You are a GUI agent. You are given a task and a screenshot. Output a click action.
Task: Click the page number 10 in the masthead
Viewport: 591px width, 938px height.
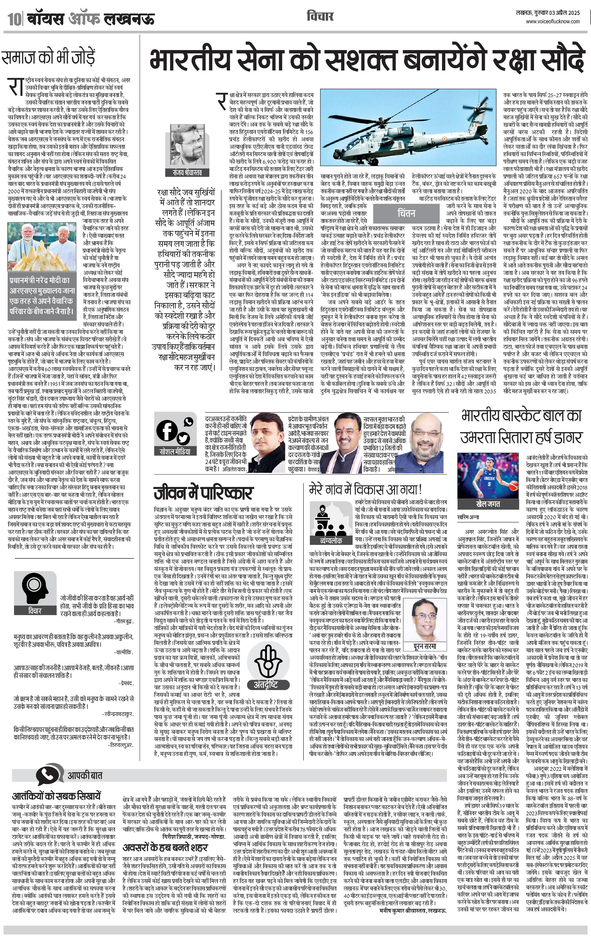pos(14,19)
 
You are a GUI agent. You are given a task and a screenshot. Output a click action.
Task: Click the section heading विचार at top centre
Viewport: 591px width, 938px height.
pos(320,16)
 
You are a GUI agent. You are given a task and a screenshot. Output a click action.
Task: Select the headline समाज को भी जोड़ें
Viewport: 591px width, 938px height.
pos(48,57)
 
